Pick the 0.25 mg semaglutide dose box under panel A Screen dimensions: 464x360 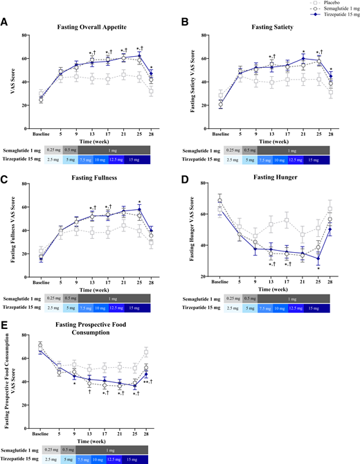pos(53,130)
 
